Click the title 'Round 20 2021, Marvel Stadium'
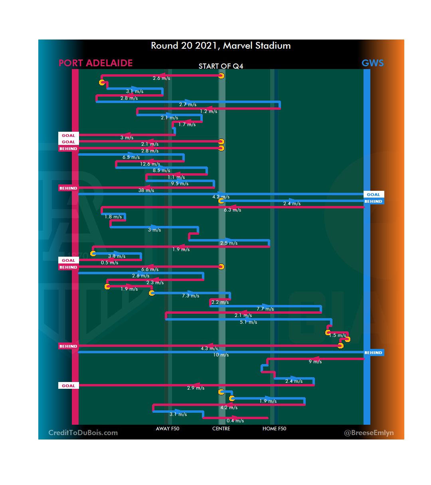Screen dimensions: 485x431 click(x=221, y=46)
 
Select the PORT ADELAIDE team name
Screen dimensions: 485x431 click(x=95, y=63)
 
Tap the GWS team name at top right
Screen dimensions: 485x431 click(x=372, y=63)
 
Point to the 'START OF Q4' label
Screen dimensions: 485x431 click(x=221, y=66)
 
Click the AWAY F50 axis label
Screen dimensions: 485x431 click(x=168, y=429)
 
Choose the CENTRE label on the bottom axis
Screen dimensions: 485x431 click(x=221, y=429)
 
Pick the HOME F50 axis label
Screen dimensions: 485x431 click(x=274, y=429)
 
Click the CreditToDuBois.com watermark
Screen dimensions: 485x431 click(x=83, y=433)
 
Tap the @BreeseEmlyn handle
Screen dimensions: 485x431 click(x=369, y=433)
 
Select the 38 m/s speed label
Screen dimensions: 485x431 click(x=146, y=190)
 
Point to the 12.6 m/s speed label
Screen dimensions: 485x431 click(x=150, y=164)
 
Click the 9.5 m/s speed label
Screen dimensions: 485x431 click(x=180, y=184)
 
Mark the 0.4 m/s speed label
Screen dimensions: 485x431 click(x=235, y=421)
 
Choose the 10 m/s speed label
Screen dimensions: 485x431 click(x=221, y=355)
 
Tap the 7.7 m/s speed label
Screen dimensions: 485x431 click(x=265, y=309)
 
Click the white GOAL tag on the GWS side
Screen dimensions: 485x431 click(x=374, y=194)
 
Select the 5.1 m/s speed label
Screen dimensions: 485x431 click(x=248, y=322)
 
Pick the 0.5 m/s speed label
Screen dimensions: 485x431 click(x=109, y=263)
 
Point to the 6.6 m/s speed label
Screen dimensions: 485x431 click(x=150, y=269)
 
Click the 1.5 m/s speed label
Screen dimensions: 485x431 click(x=337, y=335)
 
